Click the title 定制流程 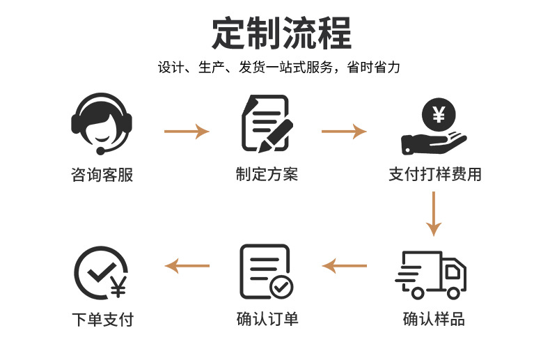pyautogui.click(x=281, y=33)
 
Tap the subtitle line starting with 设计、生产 pyautogui.click(x=279, y=68)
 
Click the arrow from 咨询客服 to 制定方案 pyautogui.click(x=187, y=130)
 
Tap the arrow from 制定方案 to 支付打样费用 pyautogui.click(x=344, y=130)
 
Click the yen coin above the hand pyautogui.click(x=438, y=114)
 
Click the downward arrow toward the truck pyautogui.click(x=434, y=214)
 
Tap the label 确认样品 pyautogui.click(x=434, y=320)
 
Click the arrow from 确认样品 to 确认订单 pyautogui.click(x=344, y=265)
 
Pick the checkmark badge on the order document pyautogui.click(x=281, y=285)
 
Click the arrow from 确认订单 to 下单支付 pyautogui.click(x=187, y=265)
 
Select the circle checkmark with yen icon pyautogui.click(x=100, y=274)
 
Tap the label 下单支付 pyautogui.click(x=102, y=320)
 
